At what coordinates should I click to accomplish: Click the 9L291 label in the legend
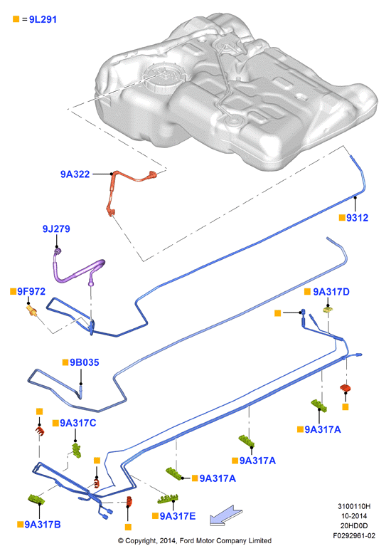tap(43, 19)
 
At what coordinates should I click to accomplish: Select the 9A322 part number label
tap(75, 174)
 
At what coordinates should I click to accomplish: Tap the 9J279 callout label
tap(56, 229)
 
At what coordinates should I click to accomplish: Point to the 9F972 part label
tap(31, 291)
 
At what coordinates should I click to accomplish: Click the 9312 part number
tap(357, 218)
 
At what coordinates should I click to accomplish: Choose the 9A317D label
tap(331, 291)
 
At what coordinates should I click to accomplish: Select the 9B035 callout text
tap(85, 362)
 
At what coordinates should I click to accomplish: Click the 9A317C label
tap(78, 423)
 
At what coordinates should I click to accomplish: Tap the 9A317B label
tap(43, 525)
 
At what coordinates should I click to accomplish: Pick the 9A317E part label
tap(178, 516)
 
